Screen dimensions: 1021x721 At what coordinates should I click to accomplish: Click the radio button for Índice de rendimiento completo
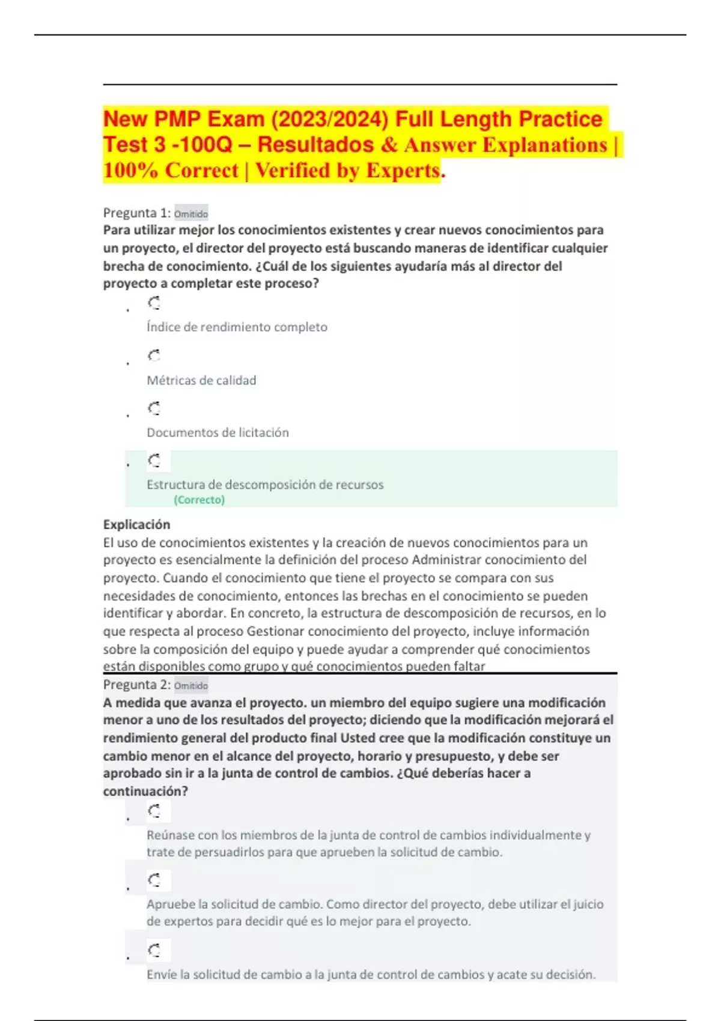click(154, 303)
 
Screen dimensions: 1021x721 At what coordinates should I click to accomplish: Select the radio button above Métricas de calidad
click(154, 356)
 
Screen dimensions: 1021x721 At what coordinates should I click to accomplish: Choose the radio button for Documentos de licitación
click(154, 409)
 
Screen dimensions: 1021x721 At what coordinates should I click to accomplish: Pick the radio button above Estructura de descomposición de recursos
click(154, 461)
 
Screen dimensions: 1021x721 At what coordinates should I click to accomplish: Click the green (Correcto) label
click(199, 500)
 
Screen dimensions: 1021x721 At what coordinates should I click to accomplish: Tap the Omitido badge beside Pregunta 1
click(191, 214)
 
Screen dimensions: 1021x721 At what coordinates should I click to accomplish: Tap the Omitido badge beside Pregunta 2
click(191, 686)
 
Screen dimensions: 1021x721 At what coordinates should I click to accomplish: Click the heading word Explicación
click(136, 524)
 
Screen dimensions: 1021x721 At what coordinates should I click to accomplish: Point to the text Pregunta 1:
click(137, 213)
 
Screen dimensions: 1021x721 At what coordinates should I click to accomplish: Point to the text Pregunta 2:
click(137, 685)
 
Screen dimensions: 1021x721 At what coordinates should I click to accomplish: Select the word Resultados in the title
click(315, 145)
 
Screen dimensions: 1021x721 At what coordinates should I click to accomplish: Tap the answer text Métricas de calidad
click(201, 380)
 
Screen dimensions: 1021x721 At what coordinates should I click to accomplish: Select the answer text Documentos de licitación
click(218, 432)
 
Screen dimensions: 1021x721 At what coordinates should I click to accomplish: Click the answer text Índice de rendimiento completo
click(237, 327)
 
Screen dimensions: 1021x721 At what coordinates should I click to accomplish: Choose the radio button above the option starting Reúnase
click(154, 812)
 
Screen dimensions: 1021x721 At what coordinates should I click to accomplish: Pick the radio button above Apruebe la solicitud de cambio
click(154, 881)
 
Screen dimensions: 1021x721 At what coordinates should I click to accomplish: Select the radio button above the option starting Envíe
click(154, 951)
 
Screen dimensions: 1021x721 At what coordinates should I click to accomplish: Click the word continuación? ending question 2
click(145, 791)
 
